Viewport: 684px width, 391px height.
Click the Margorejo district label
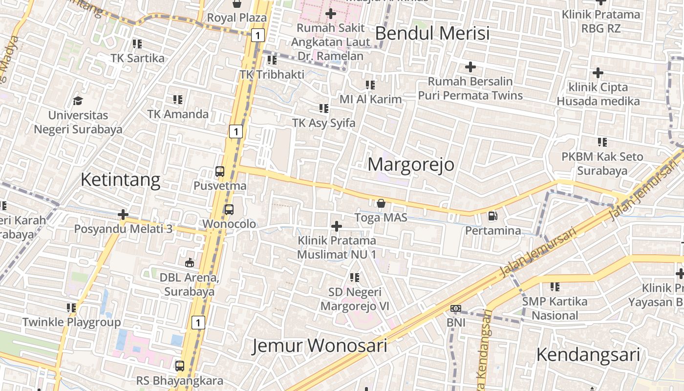[x=411, y=165]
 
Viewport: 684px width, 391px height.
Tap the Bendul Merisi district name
[x=432, y=34]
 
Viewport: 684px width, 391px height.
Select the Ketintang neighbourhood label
[x=120, y=180]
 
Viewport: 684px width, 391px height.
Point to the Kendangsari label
[x=588, y=355]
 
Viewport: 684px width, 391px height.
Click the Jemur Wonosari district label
[x=320, y=346]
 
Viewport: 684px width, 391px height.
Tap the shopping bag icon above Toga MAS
[x=381, y=203]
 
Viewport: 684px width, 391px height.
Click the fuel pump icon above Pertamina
[x=492, y=216]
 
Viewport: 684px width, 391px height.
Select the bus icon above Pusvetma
[x=220, y=172]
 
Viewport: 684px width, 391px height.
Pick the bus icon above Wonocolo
[x=229, y=210]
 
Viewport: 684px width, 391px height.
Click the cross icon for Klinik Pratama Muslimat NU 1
[x=336, y=226]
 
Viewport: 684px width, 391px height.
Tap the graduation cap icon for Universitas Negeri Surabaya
[x=78, y=101]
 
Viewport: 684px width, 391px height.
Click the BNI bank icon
[x=456, y=308]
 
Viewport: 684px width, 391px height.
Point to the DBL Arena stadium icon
[x=190, y=263]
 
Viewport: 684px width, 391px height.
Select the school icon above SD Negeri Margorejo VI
[x=355, y=278]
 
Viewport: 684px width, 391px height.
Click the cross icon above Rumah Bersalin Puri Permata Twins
[x=470, y=66]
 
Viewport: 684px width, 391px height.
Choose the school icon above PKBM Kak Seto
[x=602, y=142]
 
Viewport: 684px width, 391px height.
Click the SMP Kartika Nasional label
[x=555, y=308]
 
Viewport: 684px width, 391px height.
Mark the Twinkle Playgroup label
[x=71, y=323]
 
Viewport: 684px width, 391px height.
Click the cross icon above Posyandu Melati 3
[x=123, y=215]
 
